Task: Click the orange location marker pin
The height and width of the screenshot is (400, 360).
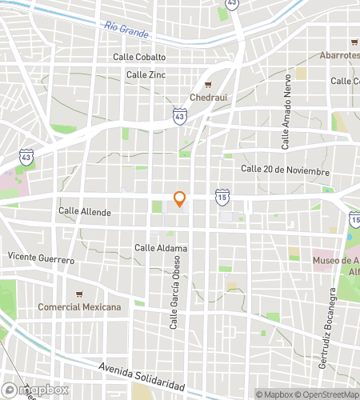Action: coord(180,198)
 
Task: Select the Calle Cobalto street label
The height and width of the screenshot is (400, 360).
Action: coord(139,57)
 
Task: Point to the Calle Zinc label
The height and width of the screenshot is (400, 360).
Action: coord(146,74)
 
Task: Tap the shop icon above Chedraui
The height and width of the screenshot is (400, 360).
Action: coord(208,85)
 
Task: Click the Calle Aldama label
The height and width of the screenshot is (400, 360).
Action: coord(161,248)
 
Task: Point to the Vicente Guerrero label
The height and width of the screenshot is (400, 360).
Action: coord(41,259)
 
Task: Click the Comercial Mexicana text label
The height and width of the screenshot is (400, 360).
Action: coord(79,307)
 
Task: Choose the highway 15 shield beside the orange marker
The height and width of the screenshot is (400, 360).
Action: coord(221,196)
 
